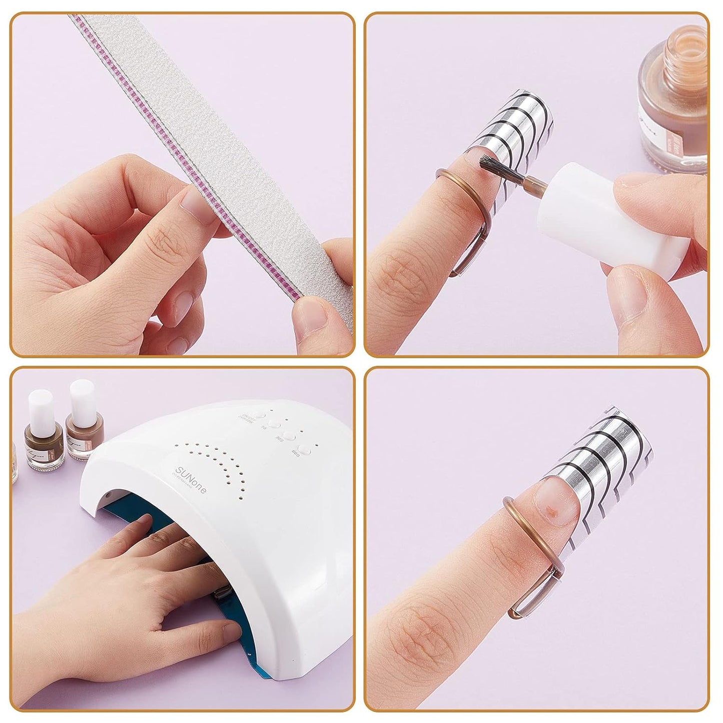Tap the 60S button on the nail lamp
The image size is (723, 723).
coord(304,449)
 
